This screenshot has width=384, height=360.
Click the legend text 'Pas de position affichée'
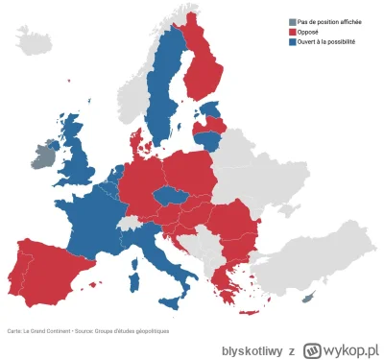coord(329,22)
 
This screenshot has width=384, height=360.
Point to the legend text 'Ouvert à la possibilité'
coord(327,42)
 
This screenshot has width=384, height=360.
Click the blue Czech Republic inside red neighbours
coord(170,197)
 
